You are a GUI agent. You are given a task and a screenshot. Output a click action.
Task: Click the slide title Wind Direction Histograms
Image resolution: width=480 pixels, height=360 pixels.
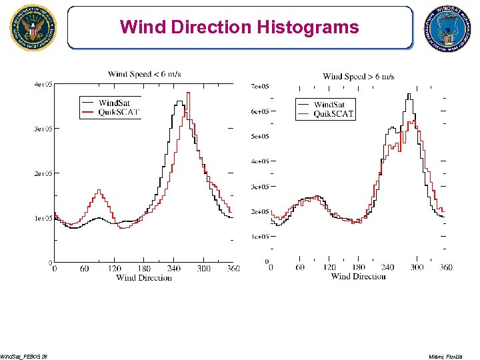(x=239, y=27)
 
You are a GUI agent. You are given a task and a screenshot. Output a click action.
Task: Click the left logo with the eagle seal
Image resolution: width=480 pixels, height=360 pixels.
(x=33, y=28)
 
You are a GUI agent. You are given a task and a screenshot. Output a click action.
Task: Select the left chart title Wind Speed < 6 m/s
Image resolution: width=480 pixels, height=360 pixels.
(x=145, y=74)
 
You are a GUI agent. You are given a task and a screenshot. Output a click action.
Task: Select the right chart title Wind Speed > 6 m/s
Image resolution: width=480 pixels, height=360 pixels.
(x=359, y=77)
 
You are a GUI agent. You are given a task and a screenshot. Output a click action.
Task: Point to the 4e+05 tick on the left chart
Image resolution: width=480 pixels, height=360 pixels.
(x=43, y=84)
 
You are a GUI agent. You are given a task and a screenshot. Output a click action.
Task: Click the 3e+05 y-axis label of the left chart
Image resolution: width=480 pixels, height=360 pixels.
(x=43, y=129)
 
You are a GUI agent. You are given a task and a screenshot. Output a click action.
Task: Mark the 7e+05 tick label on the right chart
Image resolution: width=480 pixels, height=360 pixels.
(x=259, y=87)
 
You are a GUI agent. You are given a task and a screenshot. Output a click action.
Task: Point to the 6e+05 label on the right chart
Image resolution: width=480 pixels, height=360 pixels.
(x=259, y=111)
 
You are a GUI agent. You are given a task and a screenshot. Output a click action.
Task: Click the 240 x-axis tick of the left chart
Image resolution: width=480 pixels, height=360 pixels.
(x=173, y=269)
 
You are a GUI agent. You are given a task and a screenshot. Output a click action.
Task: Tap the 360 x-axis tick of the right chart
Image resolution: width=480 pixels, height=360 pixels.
(x=446, y=267)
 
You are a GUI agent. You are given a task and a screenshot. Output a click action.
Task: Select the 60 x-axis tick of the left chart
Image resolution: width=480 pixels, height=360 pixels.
(x=84, y=269)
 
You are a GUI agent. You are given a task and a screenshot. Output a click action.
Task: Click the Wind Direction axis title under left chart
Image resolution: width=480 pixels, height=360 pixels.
(x=144, y=277)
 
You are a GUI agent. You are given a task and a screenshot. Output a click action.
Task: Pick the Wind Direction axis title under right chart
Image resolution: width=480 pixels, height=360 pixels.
(x=359, y=276)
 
